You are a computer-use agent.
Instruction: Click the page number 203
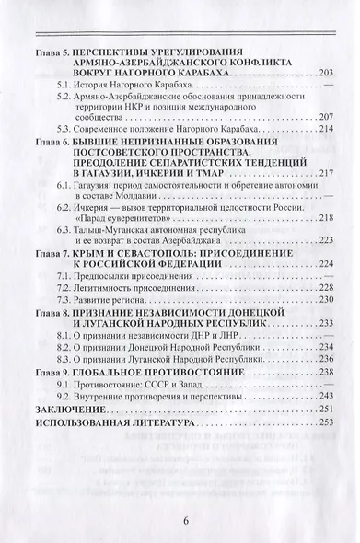point(322,73)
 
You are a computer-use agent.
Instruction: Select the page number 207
point(322,117)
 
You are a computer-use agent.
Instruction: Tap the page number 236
point(322,359)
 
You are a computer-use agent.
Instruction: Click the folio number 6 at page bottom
point(184,521)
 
